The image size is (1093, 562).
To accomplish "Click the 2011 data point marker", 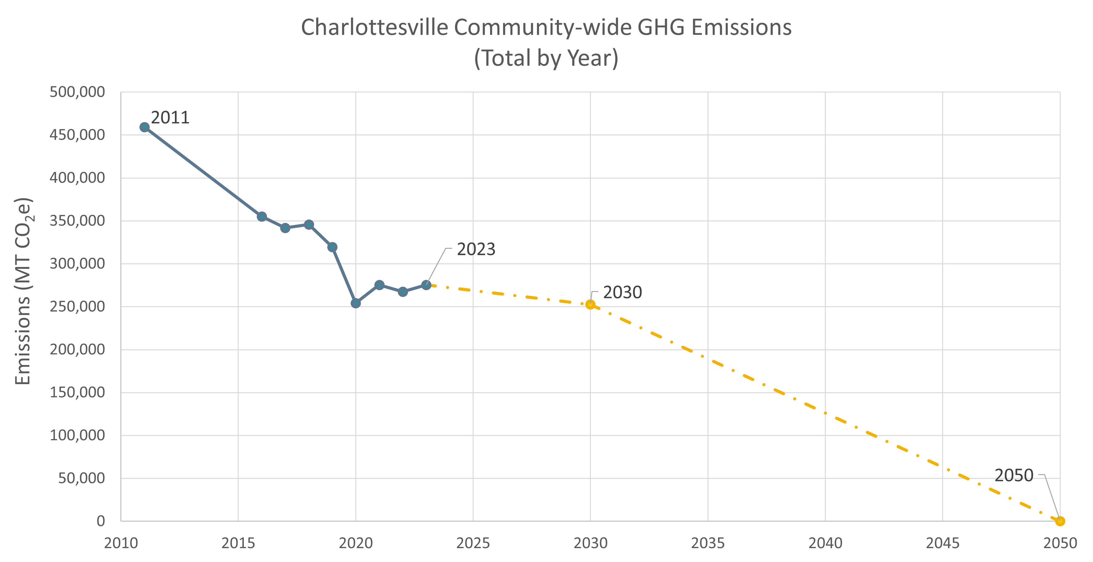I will (144, 127).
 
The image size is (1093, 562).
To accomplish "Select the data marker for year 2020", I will (356, 303).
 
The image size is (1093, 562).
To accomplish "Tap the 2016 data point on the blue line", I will (262, 217).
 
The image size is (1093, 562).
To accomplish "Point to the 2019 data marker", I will (332, 247).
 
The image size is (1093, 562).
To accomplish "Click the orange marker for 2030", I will (590, 304).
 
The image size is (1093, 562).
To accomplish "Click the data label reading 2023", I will (476, 249).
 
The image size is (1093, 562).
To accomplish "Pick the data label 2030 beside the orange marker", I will (622, 292).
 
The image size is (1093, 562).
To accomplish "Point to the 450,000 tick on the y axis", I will (77, 135).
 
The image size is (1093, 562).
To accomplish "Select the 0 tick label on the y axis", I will (101, 521).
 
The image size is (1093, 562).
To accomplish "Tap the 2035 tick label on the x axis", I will (708, 543).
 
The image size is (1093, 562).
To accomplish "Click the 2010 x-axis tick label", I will (121, 543).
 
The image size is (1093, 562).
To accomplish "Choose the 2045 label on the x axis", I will (942, 543).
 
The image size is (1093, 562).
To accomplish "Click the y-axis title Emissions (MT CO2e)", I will (23, 291).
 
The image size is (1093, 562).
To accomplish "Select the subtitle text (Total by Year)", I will (546, 58).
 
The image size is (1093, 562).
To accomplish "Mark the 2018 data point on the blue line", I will (309, 224).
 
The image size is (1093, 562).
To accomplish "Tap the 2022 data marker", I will (403, 291).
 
